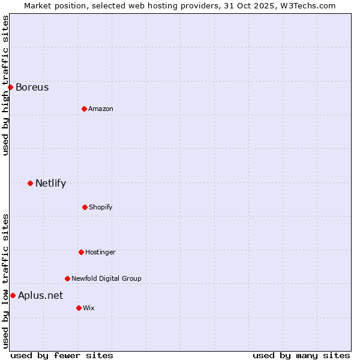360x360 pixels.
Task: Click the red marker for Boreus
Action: point(10,87)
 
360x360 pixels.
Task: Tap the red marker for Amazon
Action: point(84,109)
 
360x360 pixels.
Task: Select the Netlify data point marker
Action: point(30,183)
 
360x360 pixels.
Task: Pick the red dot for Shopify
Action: point(85,207)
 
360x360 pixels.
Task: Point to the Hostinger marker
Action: point(81,252)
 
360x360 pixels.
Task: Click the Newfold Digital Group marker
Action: point(67,278)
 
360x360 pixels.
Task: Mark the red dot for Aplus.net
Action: point(13,295)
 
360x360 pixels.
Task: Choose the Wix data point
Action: point(79,308)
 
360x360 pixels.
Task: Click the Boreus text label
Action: point(32,87)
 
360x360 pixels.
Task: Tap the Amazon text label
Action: point(101,109)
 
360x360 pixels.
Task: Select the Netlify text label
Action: point(50,183)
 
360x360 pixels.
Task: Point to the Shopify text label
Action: point(101,207)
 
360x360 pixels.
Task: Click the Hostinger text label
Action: point(100,252)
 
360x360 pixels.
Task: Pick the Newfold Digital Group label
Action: point(106,278)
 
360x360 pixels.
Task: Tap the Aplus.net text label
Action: point(40,295)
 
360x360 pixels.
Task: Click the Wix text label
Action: point(88,308)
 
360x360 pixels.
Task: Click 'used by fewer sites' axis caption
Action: point(62,355)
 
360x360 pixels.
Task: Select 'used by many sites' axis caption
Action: point(301,355)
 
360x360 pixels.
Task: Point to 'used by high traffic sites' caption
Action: point(5,85)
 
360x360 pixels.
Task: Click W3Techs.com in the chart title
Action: point(308,5)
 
